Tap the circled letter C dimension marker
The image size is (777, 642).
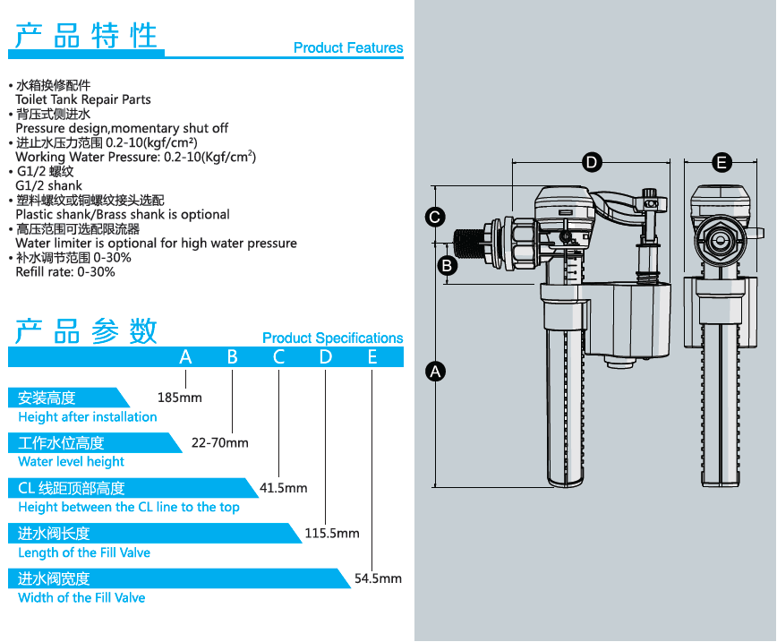click(434, 217)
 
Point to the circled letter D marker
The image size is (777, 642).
click(592, 162)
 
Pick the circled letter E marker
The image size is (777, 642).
click(721, 162)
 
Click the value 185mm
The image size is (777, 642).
click(179, 397)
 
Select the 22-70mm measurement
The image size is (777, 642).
click(220, 442)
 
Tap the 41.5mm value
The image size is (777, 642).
click(283, 488)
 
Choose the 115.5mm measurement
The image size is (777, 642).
click(332, 533)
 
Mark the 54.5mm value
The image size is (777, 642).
click(378, 578)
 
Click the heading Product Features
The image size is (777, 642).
click(348, 48)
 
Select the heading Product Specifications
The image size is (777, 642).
click(332, 338)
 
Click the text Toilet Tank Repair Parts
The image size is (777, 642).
click(83, 99)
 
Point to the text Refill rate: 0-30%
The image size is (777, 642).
click(65, 271)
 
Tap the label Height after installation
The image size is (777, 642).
click(87, 417)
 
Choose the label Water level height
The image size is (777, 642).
click(71, 462)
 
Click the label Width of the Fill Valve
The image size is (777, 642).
click(81, 598)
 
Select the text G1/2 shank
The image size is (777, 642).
click(49, 185)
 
